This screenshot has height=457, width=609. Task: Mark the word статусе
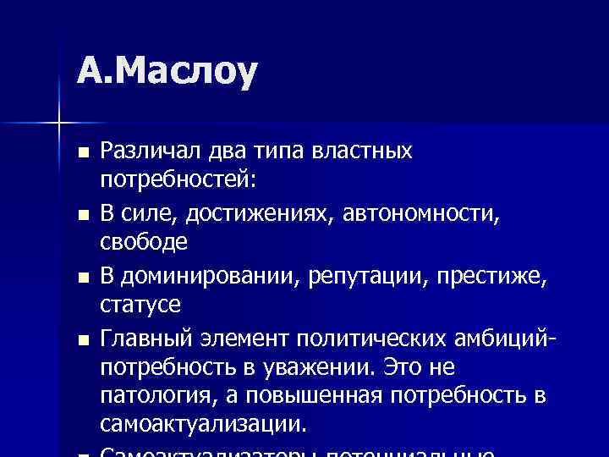[x=140, y=304]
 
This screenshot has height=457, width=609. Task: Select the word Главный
[x=144, y=339]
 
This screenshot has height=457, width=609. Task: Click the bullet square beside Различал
[x=81, y=152]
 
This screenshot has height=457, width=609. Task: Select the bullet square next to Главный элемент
[x=81, y=340]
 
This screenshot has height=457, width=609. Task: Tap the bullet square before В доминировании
[x=81, y=276]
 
